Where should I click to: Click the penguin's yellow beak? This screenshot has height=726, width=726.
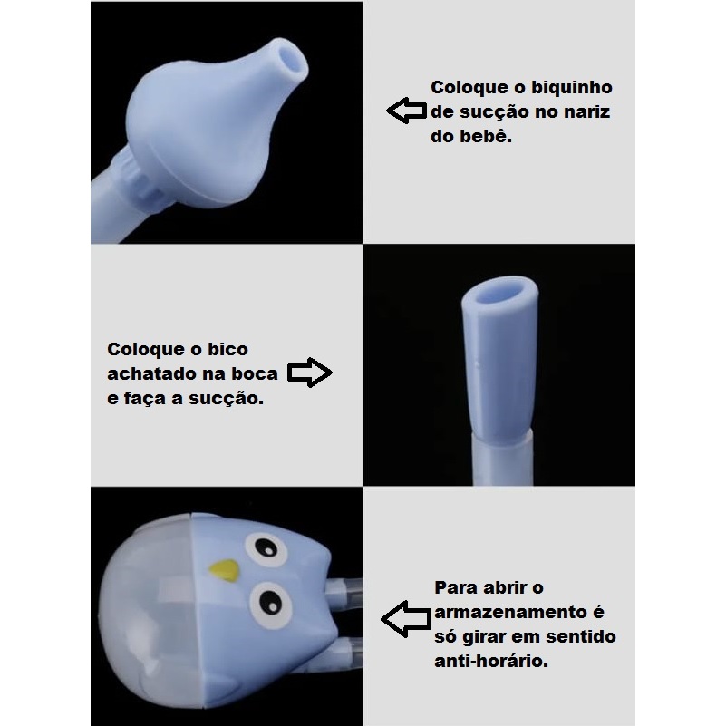point(225,569)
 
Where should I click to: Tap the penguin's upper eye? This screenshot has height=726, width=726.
point(266,549)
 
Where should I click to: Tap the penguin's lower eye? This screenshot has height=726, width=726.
point(271,605)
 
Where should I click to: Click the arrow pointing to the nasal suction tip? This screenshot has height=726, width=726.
point(407,111)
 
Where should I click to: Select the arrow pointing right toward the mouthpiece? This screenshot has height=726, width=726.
point(310,373)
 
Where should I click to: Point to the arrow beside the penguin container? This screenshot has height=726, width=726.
point(406,618)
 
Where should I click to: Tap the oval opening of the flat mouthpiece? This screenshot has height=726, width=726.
point(500,293)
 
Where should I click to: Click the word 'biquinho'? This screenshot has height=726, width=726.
point(571,88)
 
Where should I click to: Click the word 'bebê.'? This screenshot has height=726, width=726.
point(486,136)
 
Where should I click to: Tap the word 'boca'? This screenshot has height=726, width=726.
point(254,373)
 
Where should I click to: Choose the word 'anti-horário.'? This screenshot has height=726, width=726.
point(491,661)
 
